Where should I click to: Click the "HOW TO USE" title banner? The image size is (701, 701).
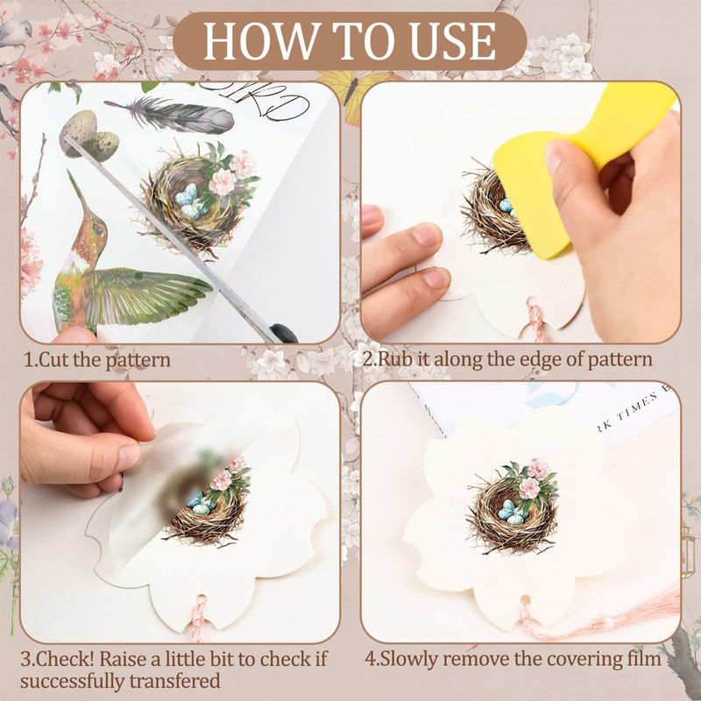(350, 40)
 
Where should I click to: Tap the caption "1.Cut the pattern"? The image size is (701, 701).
(97, 359)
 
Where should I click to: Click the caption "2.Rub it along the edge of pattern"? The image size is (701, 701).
(507, 359)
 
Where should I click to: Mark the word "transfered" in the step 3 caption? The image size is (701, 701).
(175, 680)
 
